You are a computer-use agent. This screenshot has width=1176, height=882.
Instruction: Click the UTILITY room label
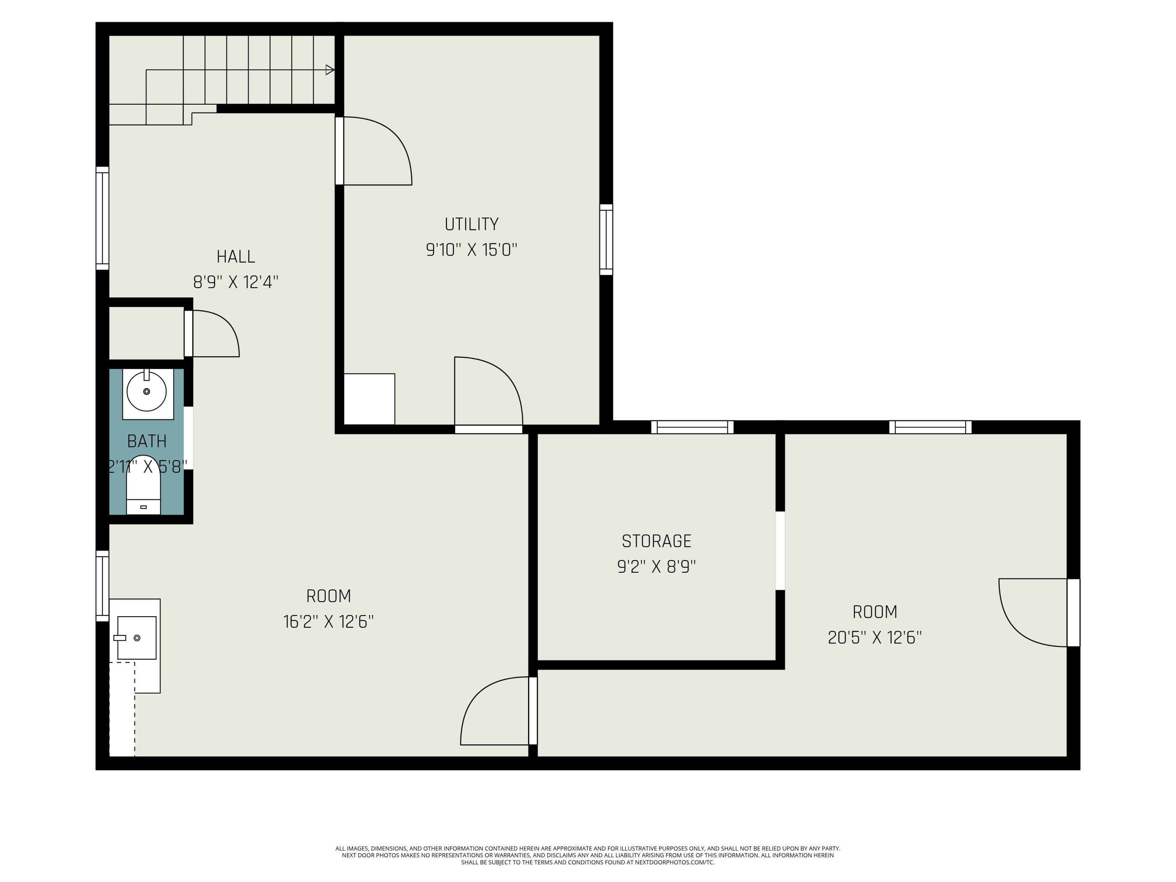pos(471,224)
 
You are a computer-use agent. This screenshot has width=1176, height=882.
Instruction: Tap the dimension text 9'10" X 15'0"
pos(471,249)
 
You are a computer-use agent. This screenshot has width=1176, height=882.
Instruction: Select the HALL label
pos(236,257)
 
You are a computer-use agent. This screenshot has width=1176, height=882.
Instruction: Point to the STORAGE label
pos(656,541)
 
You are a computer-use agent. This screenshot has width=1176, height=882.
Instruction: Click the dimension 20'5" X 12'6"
pos(875,637)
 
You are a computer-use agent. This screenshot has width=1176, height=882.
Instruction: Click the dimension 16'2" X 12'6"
pos(328,621)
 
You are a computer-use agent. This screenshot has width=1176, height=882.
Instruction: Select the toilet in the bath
pos(143,485)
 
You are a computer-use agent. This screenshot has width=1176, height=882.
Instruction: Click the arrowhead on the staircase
pos(330,70)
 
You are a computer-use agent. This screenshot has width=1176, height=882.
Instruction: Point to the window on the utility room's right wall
pos(606,240)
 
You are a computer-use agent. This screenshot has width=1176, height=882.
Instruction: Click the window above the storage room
pos(692,427)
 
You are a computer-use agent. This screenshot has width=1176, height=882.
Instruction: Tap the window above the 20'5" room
pos(930,427)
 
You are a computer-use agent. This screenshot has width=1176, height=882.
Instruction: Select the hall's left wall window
pos(102,218)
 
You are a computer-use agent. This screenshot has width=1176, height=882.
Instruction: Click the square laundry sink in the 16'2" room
pos(137,637)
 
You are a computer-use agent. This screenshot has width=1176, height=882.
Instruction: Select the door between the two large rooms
pos(497,711)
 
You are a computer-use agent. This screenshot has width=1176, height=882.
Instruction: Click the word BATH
pos(147,441)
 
